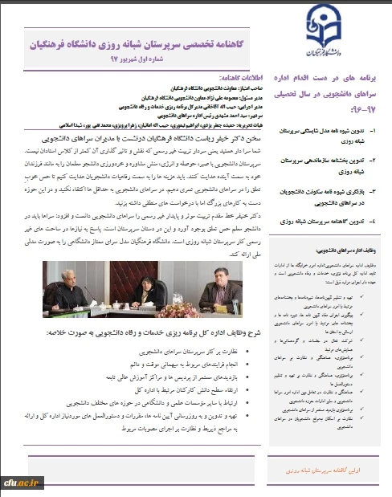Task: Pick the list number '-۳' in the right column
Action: [376, 170]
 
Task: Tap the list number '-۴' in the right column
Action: [376, 197]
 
